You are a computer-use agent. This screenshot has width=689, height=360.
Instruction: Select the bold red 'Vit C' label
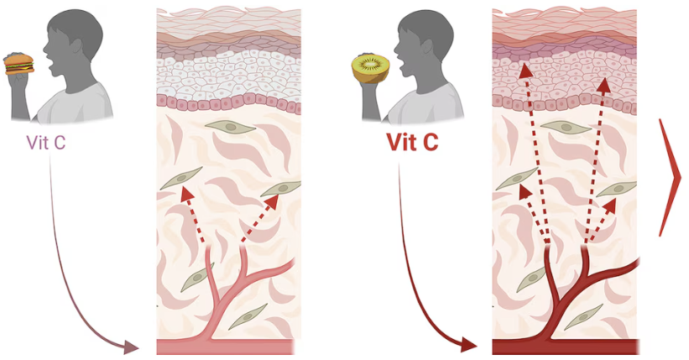pyautogui.click(x=412, y=142)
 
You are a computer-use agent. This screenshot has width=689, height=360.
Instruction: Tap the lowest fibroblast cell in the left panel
pyautogui.click(x=248, y=316)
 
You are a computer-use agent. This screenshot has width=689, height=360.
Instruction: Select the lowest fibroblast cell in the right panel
pyautogui.click(x=582, y=316)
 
